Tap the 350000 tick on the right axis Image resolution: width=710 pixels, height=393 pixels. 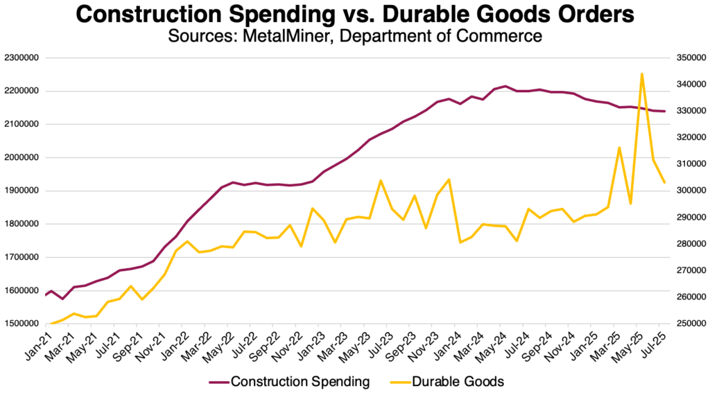point(688,58)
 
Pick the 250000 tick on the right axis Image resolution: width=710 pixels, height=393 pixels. point(688,324)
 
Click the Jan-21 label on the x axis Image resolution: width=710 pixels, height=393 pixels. point(33,341)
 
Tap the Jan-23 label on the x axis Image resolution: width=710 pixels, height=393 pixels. point(304,341)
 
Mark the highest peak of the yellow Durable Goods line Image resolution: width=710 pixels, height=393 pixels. point(642,73)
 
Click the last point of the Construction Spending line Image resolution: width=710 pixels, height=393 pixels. point(665,112)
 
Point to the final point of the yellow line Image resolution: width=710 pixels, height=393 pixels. point(665,183)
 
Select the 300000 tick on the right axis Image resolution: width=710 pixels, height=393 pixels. point(688,191)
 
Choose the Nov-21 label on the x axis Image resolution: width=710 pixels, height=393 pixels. point(146,341)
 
